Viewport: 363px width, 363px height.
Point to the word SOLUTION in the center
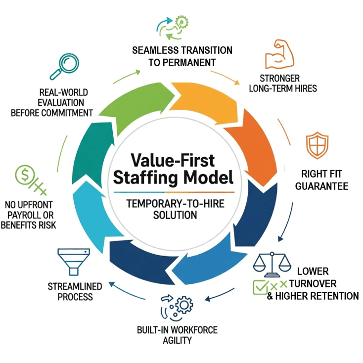click(x=175, y=215)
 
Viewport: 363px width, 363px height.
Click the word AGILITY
click(x=177, y=341)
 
